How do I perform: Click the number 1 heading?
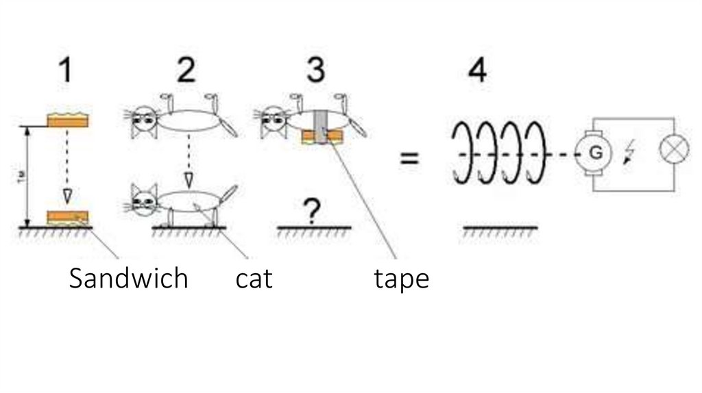coord(66,71)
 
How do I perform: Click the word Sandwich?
coord(128,279)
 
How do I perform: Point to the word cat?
coord(254,279)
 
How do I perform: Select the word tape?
coord(402,279)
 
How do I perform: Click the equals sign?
coord(409,159)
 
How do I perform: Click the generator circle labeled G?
coord(596,153)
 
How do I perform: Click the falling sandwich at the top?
coord(67,121)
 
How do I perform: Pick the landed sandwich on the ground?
coord(67,218)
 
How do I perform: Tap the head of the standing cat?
coord(145,200)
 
